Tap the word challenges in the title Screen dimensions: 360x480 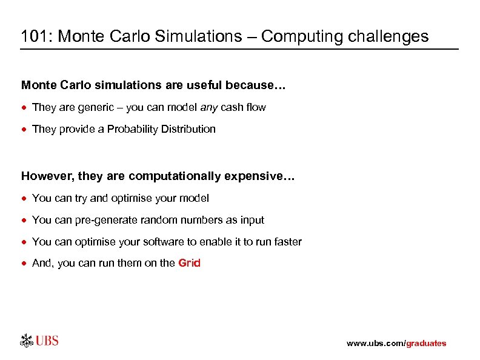388,36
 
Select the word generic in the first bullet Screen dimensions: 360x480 93,107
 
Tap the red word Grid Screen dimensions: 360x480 189,263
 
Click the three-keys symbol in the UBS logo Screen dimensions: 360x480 27,340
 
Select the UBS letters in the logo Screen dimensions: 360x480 47,340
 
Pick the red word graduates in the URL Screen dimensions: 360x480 425,344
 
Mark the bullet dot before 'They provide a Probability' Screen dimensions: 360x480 25,129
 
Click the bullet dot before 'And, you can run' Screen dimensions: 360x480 25,264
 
